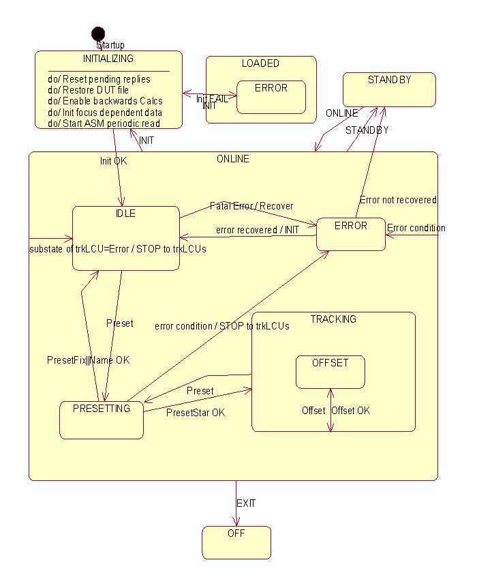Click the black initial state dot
(98, 33)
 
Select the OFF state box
(236, 542)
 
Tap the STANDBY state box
(389, 89)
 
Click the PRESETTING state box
(102, 420)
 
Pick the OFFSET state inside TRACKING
(330, 372)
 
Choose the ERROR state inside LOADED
(271, 97)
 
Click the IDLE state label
(126, 214)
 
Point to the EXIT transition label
(246, 503)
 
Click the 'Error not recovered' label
(398, 200)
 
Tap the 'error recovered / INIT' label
(258, 230)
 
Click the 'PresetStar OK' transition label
(196, 413)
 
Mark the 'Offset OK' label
(351, 410)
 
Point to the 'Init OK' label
(113, 161)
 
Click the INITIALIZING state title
(108, 58)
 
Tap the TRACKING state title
(333, 319)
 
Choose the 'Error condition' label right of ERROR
(416, 228)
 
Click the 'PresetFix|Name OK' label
(88, 360)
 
